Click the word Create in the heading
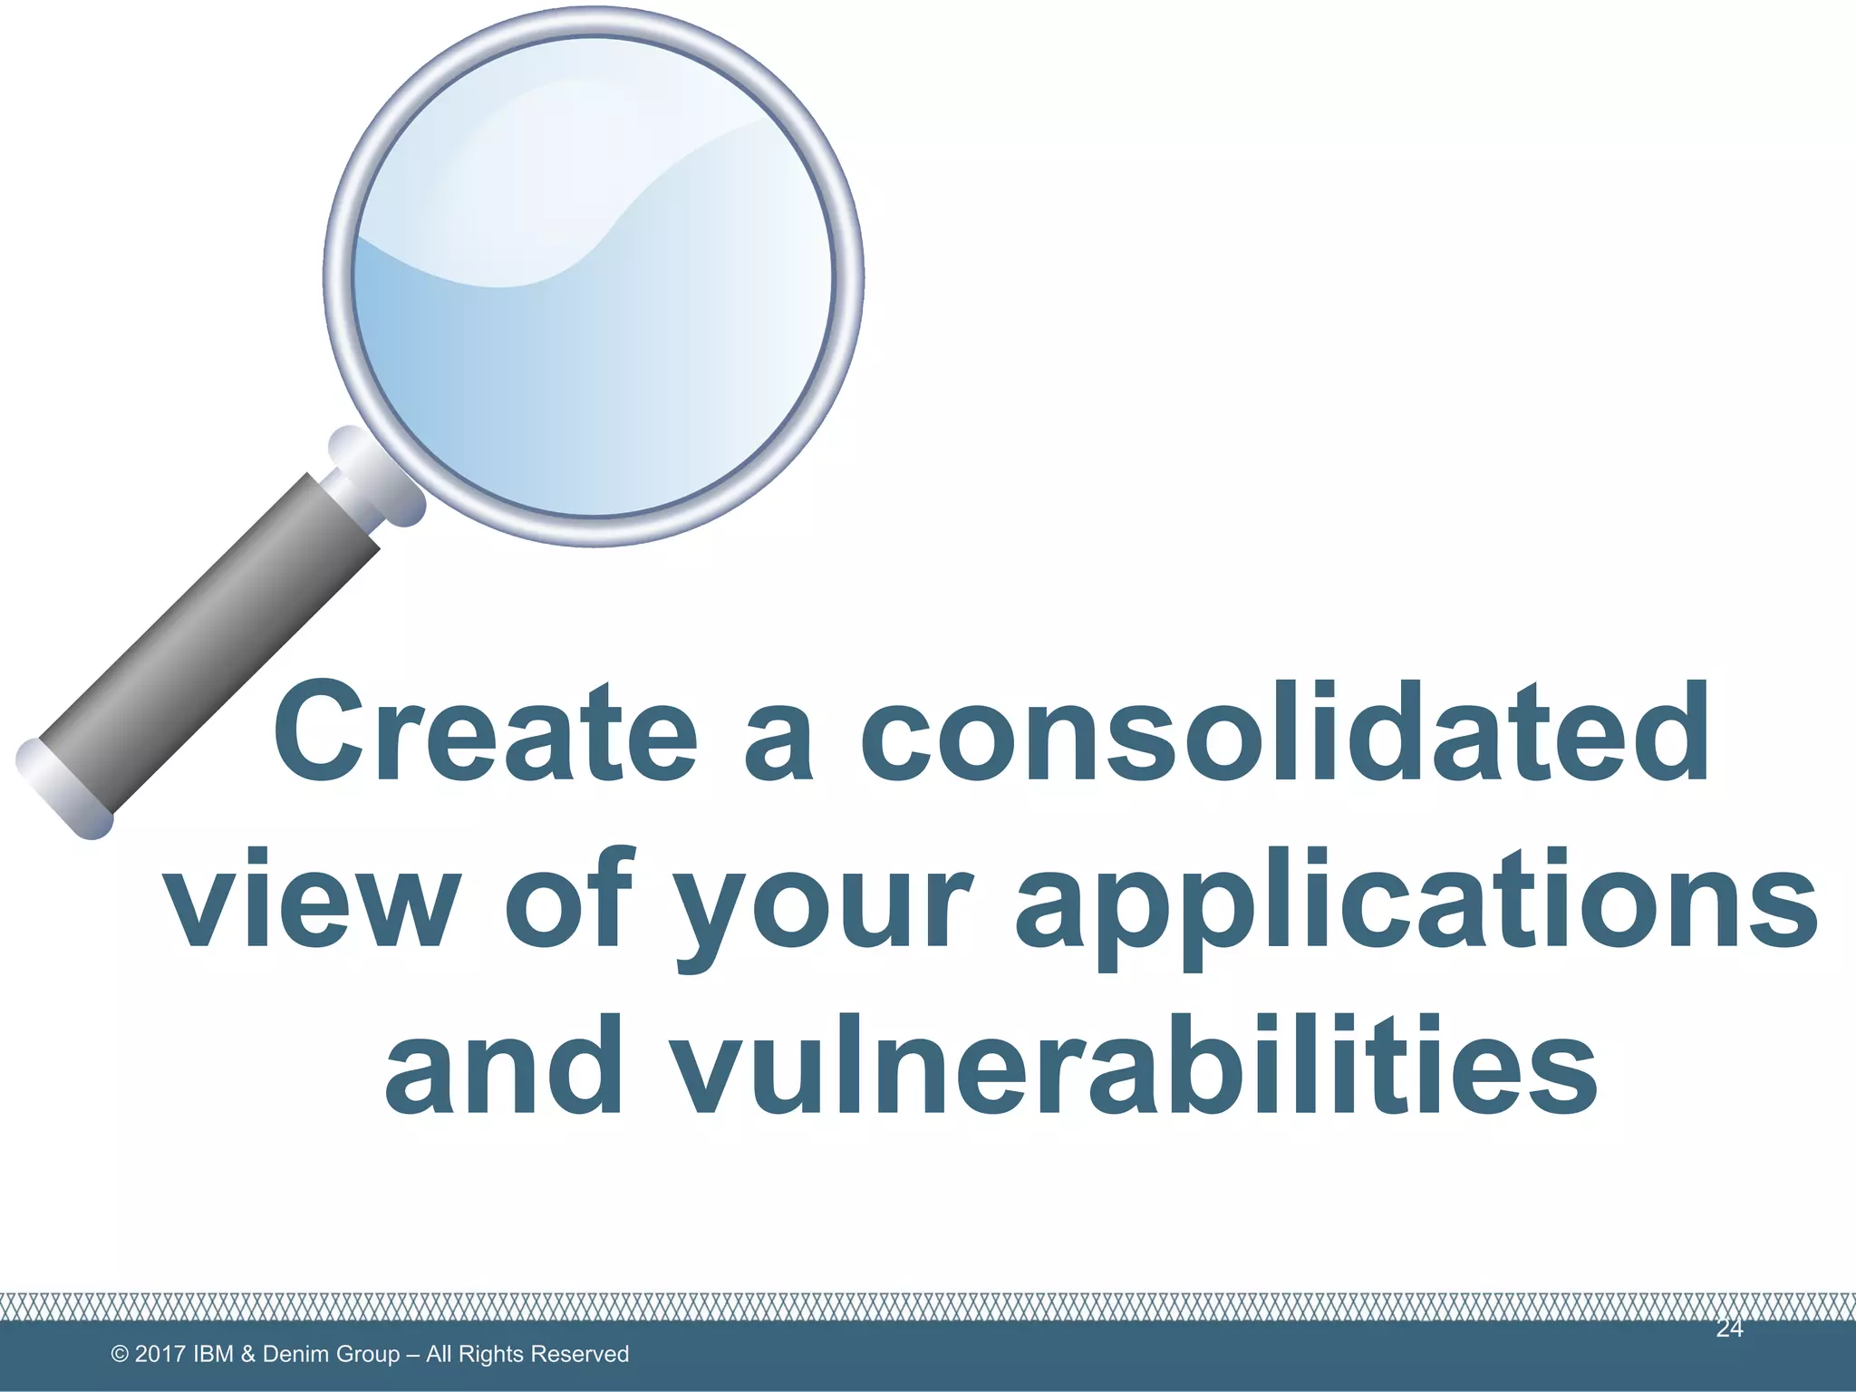pos(485,731)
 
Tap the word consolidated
pos(1284,731)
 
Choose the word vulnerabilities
pos(1136,1065)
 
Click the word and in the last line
pos(504,1065)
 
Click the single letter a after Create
pos(777,743)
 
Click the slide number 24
pos(1729,1329)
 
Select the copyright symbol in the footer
pos(119,1354)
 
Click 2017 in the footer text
pos(160,1354)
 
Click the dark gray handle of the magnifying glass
pos(208,643)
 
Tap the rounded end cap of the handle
pos(63,789)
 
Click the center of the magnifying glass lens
pos(593,276)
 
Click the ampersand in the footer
pos(248,1354)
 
